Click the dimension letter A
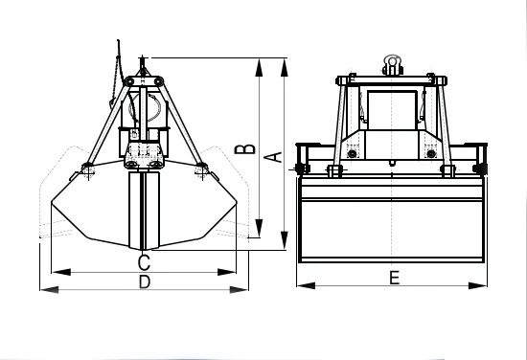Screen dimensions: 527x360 276,157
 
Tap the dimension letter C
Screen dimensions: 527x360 144,262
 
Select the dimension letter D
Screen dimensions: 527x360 145,281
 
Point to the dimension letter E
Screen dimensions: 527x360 394,278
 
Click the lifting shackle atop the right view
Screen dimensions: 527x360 392,65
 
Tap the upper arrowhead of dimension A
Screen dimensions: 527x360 285,68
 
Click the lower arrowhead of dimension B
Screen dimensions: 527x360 259,229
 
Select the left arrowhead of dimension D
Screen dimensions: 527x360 50,289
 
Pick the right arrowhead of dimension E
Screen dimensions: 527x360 477,285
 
